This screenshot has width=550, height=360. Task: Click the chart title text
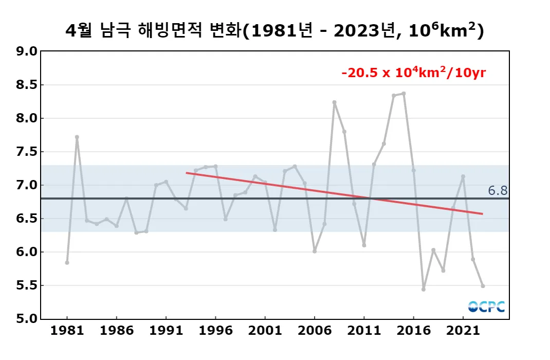point(274,31)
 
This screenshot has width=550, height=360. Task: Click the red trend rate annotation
point(414,73)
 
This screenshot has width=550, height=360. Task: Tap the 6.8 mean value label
point(498,191)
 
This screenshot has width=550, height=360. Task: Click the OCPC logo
point(486,307)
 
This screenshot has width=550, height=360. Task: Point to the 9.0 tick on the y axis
point(27,51)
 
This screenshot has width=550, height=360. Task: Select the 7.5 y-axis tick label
point(27,152)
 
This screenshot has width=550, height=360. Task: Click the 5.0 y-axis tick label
point(27,319)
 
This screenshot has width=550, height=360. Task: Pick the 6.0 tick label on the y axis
point(27,252)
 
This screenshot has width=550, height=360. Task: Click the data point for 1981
point(67,262)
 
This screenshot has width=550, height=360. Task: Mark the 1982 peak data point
point(77,137)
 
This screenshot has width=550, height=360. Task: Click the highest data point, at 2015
point(404,94)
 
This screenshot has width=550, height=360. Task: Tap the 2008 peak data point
point(334,102)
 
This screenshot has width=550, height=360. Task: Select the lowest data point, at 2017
point(424,289)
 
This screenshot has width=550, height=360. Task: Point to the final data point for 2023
point(483,286)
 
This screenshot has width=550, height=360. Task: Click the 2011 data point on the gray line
point(364,245)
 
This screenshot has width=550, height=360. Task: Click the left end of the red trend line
point(187,173)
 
